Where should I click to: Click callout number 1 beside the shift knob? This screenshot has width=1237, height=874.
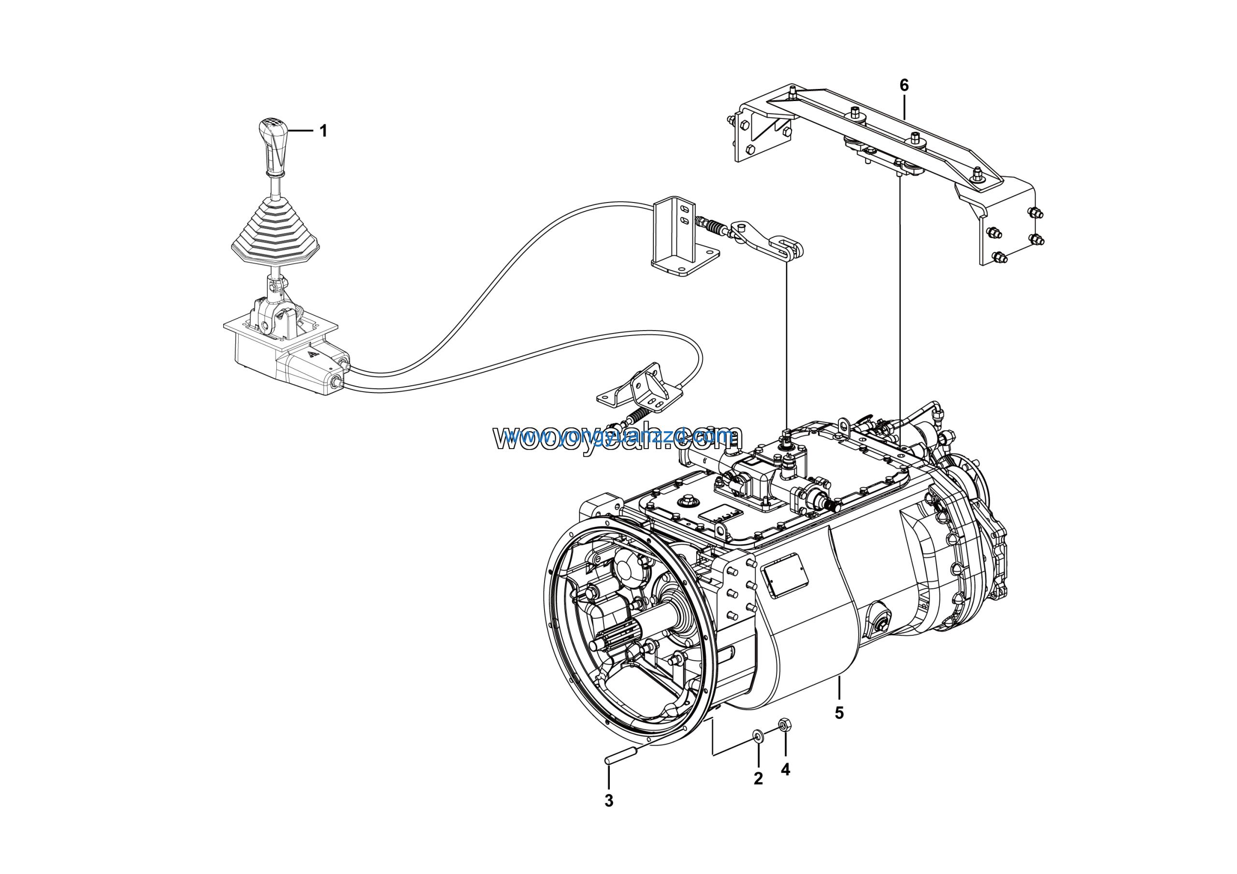(323, 131)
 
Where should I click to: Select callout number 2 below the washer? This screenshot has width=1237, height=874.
(758, 779)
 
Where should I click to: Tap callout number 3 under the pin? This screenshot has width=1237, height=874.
(609, 801)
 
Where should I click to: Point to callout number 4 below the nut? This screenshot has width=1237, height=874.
(785, 770)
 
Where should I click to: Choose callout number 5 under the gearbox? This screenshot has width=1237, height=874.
(839, 713)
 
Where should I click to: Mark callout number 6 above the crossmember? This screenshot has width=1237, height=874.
(904, 85)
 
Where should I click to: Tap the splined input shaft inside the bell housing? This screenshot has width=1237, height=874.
(619, 641)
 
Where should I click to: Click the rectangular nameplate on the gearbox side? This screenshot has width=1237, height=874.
(785, 574)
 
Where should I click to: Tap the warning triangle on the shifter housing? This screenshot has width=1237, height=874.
(312, 354)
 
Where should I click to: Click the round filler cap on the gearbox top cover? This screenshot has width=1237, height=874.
(689, 501)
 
